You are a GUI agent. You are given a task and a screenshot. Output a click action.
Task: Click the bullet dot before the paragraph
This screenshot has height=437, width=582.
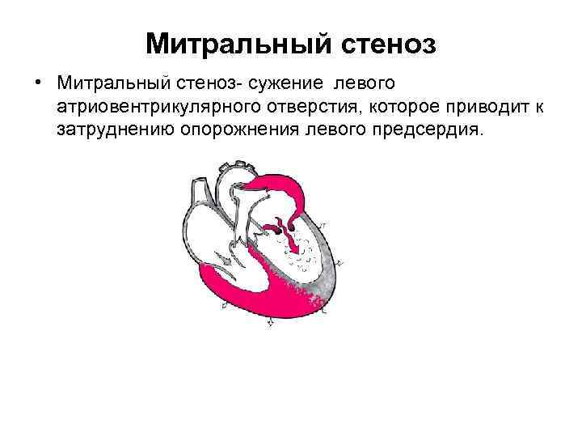click(38, 84)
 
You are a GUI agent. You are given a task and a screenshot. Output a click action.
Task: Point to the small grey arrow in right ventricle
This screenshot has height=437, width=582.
click(228, 261)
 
